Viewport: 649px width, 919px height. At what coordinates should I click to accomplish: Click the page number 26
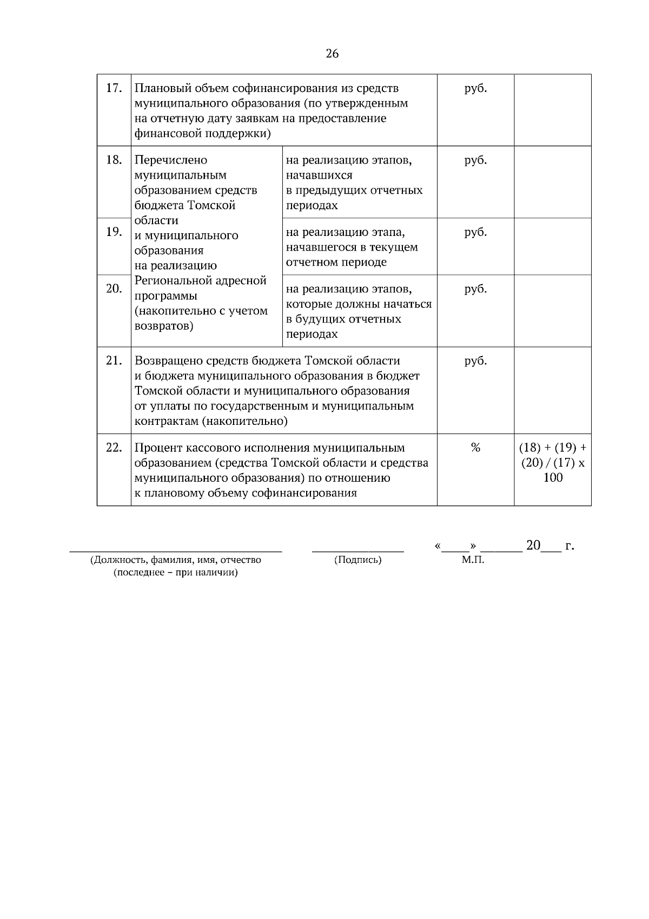[332, 54]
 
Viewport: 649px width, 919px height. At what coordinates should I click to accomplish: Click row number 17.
[113, 88]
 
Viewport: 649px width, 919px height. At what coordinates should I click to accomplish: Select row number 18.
[113, 160]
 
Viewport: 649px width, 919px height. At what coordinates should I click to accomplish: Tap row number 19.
[113, 232]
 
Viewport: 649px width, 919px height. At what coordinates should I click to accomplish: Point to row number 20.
[113, 289]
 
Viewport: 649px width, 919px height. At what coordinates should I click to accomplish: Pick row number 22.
[113, 448]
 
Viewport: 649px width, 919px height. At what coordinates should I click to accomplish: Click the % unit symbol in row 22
[475, 448]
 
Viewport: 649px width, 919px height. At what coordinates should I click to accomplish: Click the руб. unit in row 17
[475, 88]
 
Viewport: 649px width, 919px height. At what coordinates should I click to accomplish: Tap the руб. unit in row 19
[475, 232]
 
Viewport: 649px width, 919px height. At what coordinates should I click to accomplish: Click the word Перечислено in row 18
[170, 160]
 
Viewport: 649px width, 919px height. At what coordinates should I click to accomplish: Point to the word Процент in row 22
[158, 448]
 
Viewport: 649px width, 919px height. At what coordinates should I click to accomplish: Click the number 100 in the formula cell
[552, 478]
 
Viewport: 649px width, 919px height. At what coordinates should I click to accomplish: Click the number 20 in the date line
[533, 546]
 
